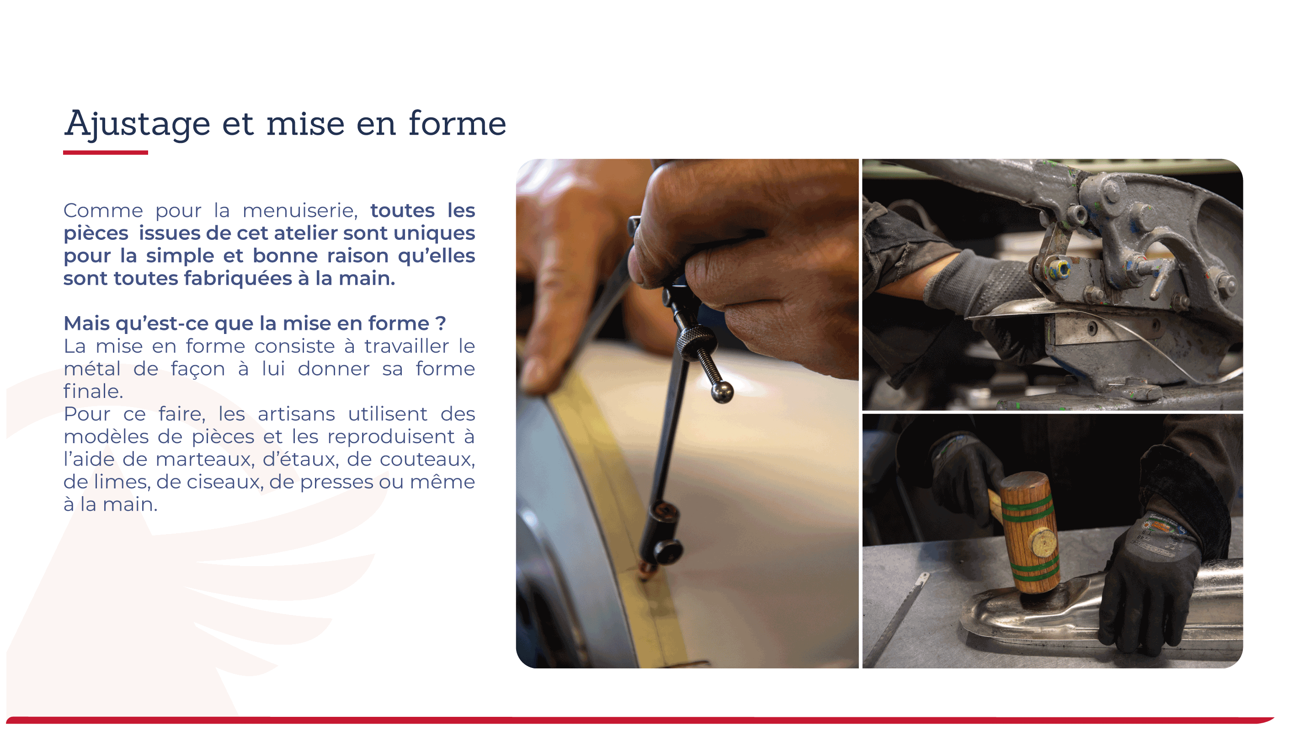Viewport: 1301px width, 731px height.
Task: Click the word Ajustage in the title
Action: point(137,124)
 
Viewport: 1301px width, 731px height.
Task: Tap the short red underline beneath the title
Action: point(106,152)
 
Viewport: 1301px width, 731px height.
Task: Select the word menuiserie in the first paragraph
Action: point(300,211)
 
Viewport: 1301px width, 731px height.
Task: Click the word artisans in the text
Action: point(296,414)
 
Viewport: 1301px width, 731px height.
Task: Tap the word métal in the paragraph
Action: point(92,369)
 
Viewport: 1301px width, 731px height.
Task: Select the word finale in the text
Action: point(93,391)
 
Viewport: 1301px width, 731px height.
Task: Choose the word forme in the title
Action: point(457,123)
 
